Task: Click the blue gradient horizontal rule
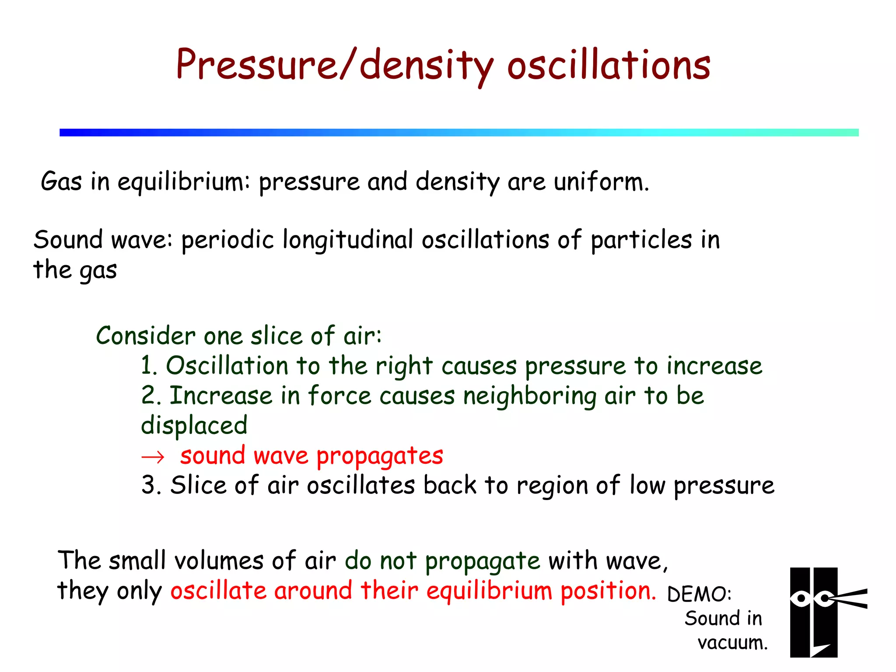tap(459, 133)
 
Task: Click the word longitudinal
tap(348, 240)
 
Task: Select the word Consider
tap(145, 336)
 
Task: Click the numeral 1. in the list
tap(148, 366)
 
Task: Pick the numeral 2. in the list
tap(151, 395)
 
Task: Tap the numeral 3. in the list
tap(151, 485)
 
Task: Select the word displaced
tap(194, 426)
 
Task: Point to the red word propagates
tap(379, 456)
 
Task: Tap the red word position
tap(608, 591)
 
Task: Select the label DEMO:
tap(699, 594)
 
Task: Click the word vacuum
tap(732, 643)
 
